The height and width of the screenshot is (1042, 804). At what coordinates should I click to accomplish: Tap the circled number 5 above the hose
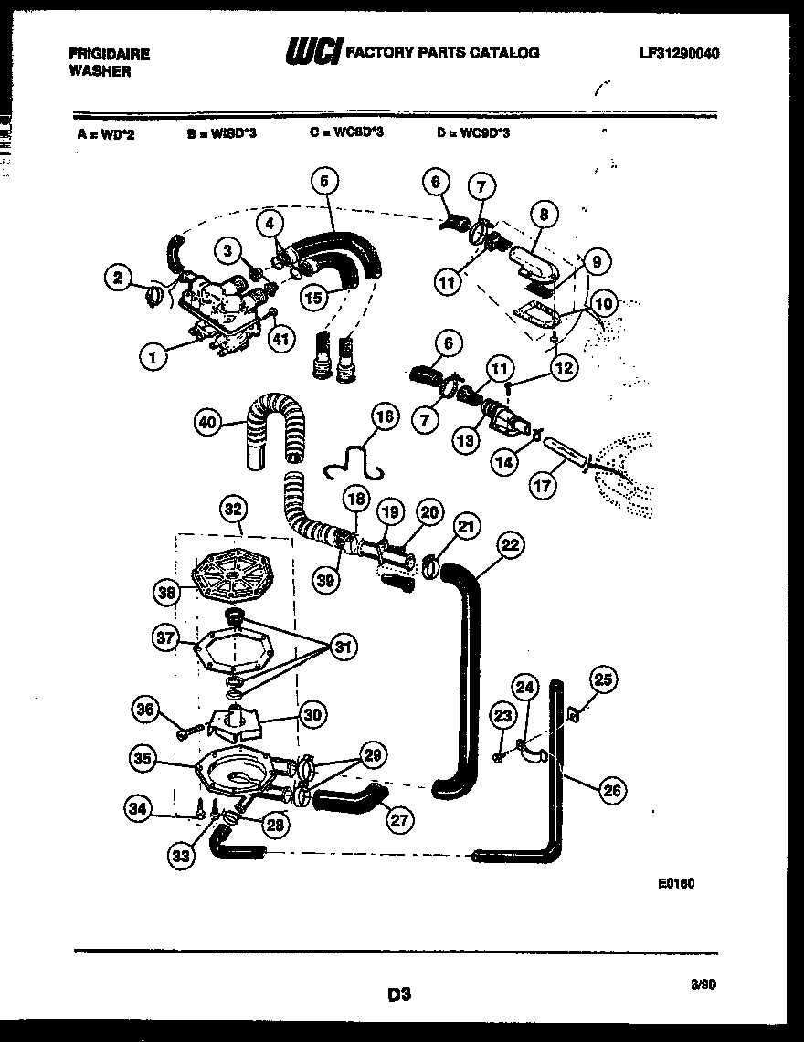pos(323,182)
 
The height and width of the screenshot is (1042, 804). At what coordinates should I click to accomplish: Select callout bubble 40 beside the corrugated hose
pos(208,422)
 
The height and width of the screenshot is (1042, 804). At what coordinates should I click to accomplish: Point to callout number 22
pos(511,545)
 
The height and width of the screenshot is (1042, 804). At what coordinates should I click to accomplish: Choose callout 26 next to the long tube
pos(613,792)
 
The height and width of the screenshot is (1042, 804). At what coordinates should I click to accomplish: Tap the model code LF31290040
pos(680,54)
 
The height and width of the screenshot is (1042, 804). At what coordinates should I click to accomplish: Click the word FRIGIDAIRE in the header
pos(109,54)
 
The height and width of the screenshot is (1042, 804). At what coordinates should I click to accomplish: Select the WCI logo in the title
pos(312,53)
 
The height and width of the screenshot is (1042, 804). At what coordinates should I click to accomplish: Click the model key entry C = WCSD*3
pos(346,132)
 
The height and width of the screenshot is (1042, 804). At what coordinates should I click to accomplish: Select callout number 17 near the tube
pos(543,486)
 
